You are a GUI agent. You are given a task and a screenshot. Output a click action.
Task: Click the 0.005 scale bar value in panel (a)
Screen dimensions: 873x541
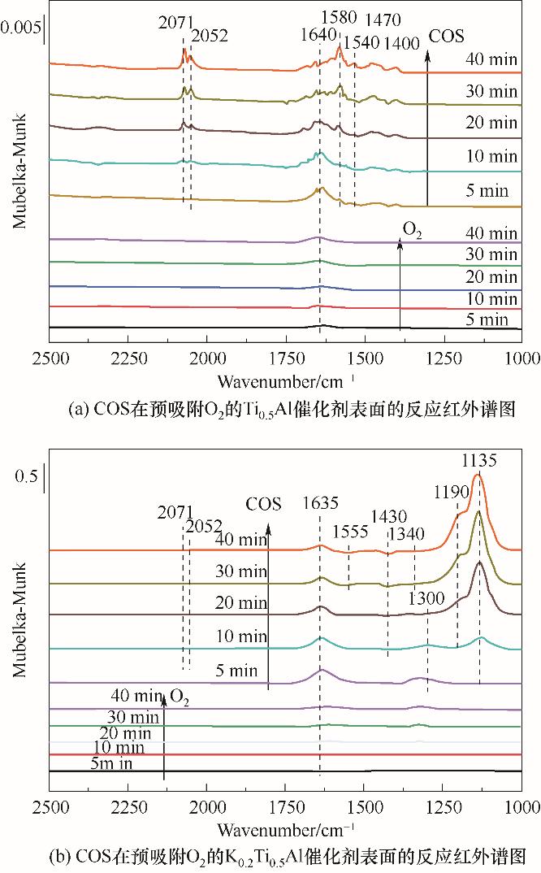tap(19, 27)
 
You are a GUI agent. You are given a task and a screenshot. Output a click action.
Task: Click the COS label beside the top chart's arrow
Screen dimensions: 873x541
tap(447, 36)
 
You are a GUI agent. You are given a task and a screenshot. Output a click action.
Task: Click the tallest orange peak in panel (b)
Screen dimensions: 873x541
tap(478, 478)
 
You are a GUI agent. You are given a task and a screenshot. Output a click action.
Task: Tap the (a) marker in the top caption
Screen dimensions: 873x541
tap(81, 410)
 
